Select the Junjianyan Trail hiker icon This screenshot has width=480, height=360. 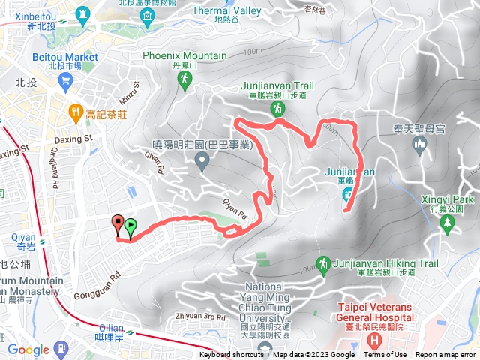pyautogui.click(x=278, y=109)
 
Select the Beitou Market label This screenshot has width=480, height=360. pyautogui.click(x=66, y=57)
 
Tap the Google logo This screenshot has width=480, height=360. pyautogui.click(x=28, y=349)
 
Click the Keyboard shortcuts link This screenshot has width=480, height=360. pyautogui.click(x=232, y=355)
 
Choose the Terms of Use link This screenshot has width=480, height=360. pyautogui.click(x=385, y=355)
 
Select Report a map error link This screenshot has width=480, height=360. pyautogui.click(x=445, y=355)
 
